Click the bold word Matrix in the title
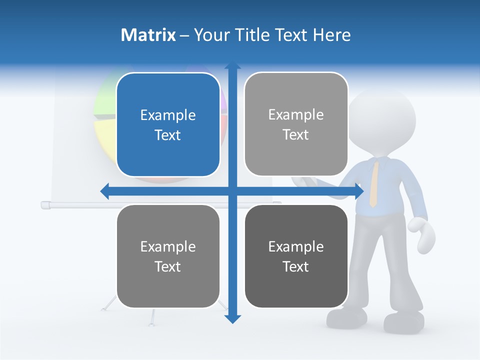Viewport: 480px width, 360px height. click(148, 35)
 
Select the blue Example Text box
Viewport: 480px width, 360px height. click(168, 124)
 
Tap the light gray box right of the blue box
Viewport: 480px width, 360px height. click(296, 124)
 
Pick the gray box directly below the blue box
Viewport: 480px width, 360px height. click(168, 256)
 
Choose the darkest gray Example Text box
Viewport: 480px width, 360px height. click(296, 256)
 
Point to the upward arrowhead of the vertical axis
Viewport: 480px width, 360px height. click(232, 65)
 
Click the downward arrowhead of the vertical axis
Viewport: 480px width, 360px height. click(232, 318)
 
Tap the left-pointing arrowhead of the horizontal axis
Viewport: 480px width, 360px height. click(104, 191)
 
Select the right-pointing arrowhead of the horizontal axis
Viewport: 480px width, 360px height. click(358, 191)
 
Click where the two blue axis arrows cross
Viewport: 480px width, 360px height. click(232, 191)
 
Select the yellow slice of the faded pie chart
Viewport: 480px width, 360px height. click(105, 137)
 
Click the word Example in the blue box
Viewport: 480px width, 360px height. click(168, 115)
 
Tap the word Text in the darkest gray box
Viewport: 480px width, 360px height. click(296, 266)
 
